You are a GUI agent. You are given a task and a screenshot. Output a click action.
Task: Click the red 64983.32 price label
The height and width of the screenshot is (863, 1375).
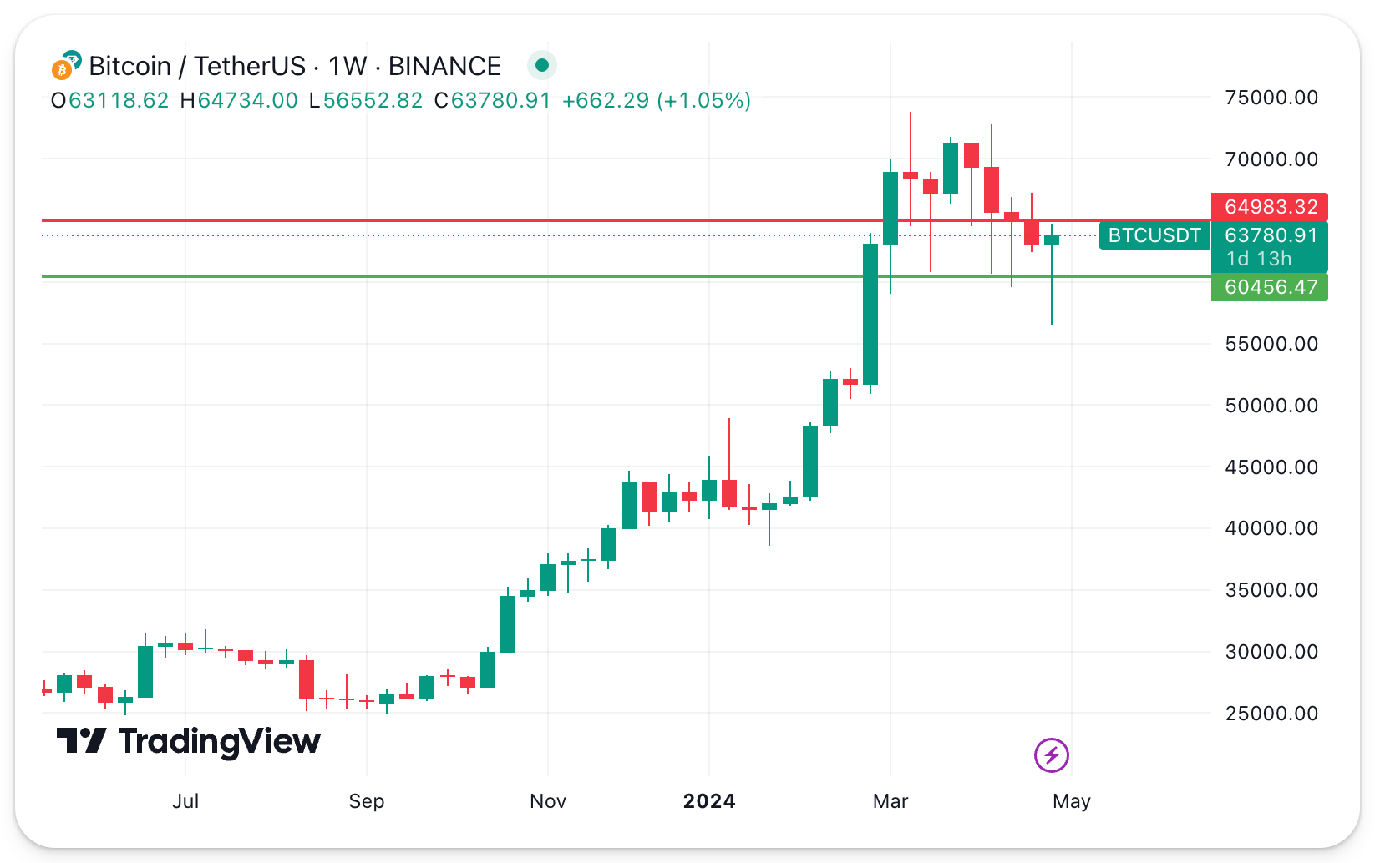click(x=1270, y=207)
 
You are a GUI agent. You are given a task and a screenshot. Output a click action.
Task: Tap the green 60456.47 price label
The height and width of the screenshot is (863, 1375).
click(x=1270, y=287)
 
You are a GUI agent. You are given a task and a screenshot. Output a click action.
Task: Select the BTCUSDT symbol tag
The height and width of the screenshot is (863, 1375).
click(x=1154, y=235)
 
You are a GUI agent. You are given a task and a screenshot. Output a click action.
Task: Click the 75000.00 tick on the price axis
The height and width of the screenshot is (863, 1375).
click(x=1271, y=98)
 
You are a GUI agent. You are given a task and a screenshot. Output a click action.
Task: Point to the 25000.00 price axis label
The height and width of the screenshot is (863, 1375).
click(x=1271, y=714)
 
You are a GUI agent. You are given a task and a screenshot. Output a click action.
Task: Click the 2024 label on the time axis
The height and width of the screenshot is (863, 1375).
click(x=709, y=801)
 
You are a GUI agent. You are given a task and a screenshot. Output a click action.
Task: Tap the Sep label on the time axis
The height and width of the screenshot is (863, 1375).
click(x=366, y=801)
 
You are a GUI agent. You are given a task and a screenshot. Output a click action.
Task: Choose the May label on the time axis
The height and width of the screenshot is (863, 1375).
click(x=1071, y=801)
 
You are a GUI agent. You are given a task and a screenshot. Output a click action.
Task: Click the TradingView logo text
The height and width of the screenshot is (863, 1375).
click(x=219, y=741)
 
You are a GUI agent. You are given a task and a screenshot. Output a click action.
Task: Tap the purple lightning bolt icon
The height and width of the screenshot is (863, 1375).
click(x=1051, y=755)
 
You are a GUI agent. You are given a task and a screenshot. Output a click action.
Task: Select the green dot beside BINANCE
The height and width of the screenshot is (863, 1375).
click(x=542, y=65)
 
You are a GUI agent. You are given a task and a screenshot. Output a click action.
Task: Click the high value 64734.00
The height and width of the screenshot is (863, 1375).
click(x=247, y=101)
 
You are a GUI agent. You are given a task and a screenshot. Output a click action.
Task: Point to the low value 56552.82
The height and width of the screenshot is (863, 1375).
click(x=373, y=101)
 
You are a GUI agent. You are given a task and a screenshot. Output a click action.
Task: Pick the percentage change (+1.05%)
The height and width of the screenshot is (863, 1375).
click(x=704, y=101)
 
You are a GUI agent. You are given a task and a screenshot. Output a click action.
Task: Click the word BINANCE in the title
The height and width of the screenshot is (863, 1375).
click(x=444, y=66)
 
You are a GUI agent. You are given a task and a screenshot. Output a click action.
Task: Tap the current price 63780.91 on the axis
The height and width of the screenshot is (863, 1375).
click(x=1271, y=235)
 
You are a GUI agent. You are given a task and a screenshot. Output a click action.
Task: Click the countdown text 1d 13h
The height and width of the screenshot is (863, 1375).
click(x=1258, y=259)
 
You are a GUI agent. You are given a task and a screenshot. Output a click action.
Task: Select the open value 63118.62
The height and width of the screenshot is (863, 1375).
click(x=119, y=101)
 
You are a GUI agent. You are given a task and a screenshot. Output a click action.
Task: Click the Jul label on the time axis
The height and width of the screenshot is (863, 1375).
click(x=185, y=801)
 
